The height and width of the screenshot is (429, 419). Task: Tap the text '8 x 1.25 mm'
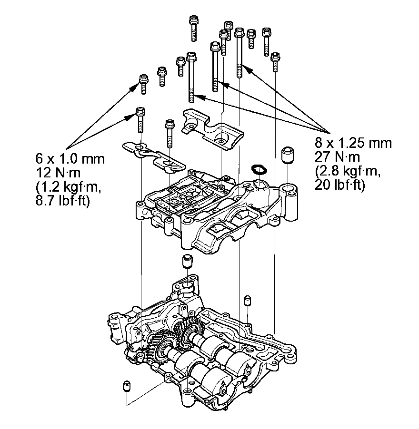pos(353,142)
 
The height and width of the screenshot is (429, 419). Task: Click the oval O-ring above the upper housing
pos(259,169)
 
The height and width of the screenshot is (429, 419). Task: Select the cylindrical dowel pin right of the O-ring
pos(287,155)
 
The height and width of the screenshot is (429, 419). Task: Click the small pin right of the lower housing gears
pos(247,302)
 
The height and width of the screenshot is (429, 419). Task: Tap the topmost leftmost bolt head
pos(193,21)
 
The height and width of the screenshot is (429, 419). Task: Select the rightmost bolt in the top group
pos(275,61)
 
